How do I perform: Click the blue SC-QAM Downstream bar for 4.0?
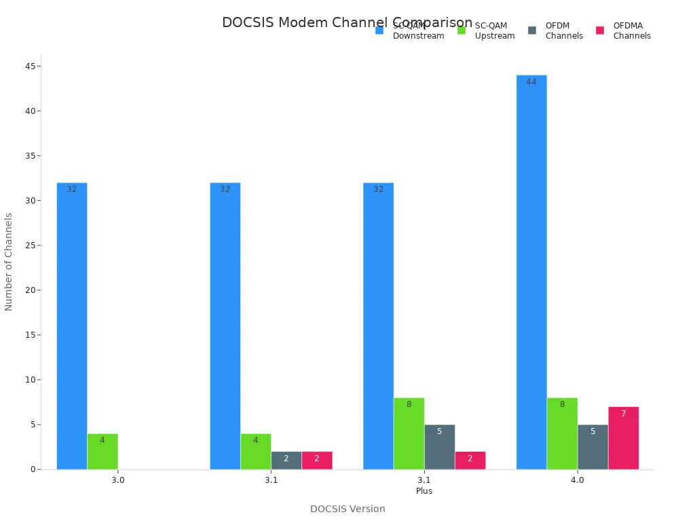tap(531, 271)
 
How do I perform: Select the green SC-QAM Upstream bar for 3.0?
tap(102, 451)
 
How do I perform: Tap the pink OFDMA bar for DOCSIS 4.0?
tap(623, 438)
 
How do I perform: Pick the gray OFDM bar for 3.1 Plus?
tap(439, 447)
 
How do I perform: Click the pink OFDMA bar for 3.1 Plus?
tap(470, 460)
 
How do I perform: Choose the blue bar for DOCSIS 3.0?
tap(72, 326)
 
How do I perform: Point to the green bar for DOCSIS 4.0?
tap(562, 433)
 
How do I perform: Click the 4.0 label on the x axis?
tap(577, 480)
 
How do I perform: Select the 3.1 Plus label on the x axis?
tap(424, 485)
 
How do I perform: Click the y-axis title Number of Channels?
tap(9, 262)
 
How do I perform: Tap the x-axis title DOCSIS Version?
tap(347, 509)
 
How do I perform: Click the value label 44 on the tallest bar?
tap(531, 82)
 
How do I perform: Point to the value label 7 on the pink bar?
tap(623, 414)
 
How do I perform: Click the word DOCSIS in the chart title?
tap(248, 22)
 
